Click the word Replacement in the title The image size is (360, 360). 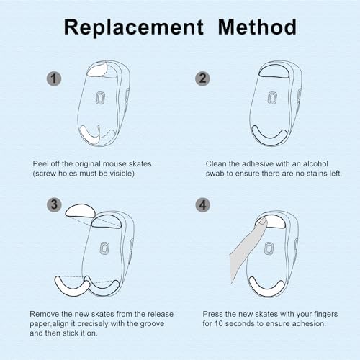pyautogui.click(x=134, y=28)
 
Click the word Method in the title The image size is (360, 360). pyautogui.click(x=257, y=27)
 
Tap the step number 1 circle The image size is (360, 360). pyautogui.click(x=54, y=78)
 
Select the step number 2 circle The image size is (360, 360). pyautogui.click(x=202, y=78)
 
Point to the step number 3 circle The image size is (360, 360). pyautogui.click(x=54, y=204)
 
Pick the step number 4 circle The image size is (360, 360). pyautogui.click(x=203, y=204)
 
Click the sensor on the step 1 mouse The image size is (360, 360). pyautogui.click(x=101, y=98)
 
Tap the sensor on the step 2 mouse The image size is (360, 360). pyautogui.click(x=272, y=98)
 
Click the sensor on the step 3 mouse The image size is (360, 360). pyautogui.click(x=104, y=248)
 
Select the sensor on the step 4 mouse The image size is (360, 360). pyautogui.click(x=269, y=248)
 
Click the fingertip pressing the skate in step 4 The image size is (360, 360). pyautogui.click(x=261, y=222)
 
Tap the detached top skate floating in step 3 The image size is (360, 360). pyautogui.click(x=80, y=210)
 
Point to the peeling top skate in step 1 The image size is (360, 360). pyautogui.click(x=98, y=69)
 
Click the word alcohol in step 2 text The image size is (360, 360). pyautogui.click(x=315, y=163)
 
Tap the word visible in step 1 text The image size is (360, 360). pyautogui.click(x=120, y=174)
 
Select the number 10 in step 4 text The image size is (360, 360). pyautogui.click(x=218, y=323)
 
